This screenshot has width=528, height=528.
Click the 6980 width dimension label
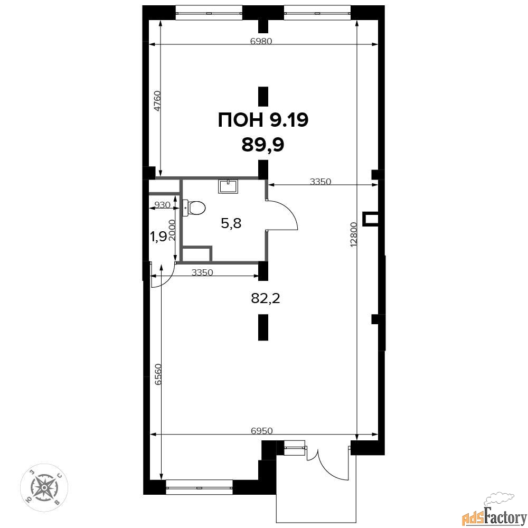[x=261, y=41]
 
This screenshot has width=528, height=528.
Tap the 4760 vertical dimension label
[x=157, y=101]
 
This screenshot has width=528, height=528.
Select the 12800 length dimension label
[x=353, y=234]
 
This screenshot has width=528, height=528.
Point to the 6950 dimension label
[x=262, y=430]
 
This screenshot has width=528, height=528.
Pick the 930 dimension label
[x=162, y=205]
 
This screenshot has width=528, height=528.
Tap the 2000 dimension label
[x=172, y=230]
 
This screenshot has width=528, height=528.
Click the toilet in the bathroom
[x=194, y=208]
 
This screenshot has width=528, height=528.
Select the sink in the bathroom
[x=228, y=186]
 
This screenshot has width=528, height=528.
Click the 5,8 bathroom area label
[x=231, y=223]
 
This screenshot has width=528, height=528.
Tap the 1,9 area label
[x=158, y=237]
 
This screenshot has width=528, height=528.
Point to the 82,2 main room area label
[x=266, y=298]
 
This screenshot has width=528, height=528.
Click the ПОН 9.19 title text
[x=263, y=120]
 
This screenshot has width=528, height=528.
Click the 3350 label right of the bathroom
[x=320, y=182]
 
